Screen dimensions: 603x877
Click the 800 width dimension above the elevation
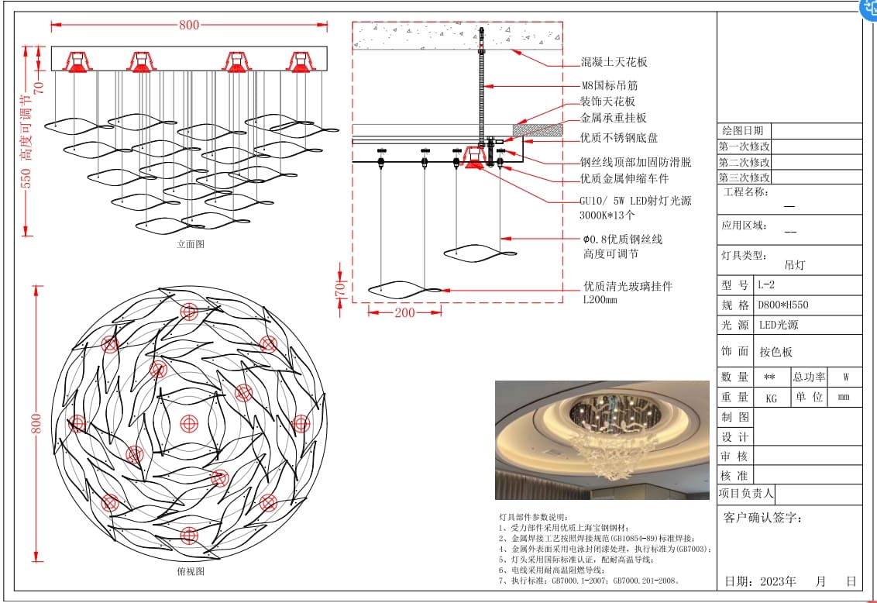pyautogui.click(x=189, y=25)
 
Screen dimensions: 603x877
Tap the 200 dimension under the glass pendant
pyautogui.click(x=404, y=313)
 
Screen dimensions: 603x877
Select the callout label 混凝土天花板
pyautogui.click(x=614, y=62)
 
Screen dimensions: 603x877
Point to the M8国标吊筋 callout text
pyautogui.click(x=610, y=85)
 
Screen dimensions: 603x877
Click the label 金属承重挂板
pyautogui.click(x=614, y=119)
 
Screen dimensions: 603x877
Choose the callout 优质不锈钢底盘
pyautogui.click(x=619, y=138)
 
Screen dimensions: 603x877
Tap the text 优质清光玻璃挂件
pyautogui.click(x=628, y=286)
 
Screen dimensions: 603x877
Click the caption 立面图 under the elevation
pyautogui.click(x=191, y=243)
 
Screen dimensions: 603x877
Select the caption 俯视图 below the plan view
pyautogui.click(x=191, y=571)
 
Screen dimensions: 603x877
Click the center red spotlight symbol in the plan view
pyautogui.click(x=189, y=423)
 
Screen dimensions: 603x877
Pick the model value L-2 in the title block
pyautogui.click(x=767, y=285)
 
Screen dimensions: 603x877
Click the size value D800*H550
pyautogui.click(x=783, y=305)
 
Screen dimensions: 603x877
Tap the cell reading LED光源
pyautogui.click(x=778, y=326)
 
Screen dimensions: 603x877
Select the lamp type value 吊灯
pyautogui.click(x=795, y=265)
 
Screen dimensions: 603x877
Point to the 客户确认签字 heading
pyautogui.click(x=762, y=518)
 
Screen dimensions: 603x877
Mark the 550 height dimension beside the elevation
pyautogui.click(x=26, y=179)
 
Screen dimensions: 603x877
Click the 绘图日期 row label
pyautogui.click(x=743, y=131)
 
